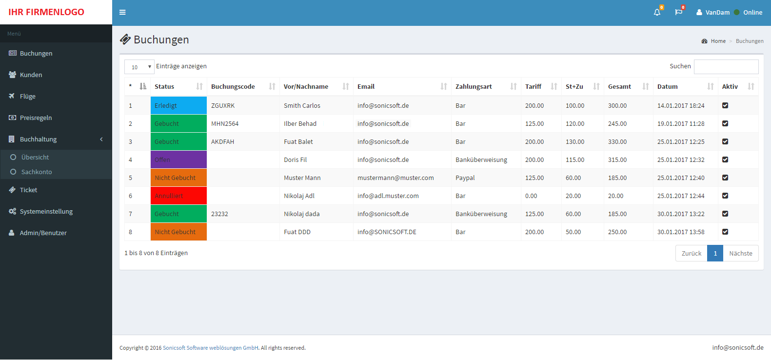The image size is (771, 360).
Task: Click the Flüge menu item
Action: (27, 97)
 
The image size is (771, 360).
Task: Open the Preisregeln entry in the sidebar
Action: (36, 118)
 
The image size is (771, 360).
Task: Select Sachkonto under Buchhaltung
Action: (37, 172)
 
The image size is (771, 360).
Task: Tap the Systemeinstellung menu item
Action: (46, 211)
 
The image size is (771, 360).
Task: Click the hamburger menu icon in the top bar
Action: (122, 12)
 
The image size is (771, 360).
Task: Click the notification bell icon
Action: (657, 12)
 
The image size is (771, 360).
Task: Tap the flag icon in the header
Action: (678, 12)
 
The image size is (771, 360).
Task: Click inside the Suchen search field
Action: (726, 66)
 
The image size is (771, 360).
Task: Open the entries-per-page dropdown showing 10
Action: (139, 67)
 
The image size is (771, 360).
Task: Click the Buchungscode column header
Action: (233, 87)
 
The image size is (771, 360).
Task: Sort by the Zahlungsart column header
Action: (474, 87)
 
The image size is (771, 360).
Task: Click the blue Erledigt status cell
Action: (178, 105)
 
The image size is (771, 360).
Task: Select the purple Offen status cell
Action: (178, 160)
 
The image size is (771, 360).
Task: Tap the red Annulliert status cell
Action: (178, 196)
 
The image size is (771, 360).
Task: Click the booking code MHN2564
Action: (225, 123)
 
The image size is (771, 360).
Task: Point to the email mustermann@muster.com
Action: (395, 178)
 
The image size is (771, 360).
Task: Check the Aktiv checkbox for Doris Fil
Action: (725, 160)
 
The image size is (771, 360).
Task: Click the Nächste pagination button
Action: (741, 253)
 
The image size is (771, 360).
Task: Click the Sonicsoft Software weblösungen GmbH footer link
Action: (210, 348)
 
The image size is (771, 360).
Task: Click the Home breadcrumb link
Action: (718, 41)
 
